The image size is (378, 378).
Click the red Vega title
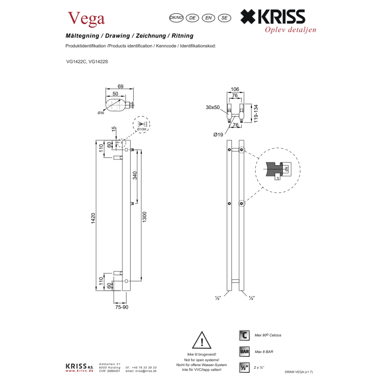[86, 18]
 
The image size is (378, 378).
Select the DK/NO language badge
[176, 17]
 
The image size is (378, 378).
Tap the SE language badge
[224, 17]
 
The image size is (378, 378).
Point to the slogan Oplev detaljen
[291, 29]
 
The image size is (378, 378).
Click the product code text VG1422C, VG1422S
[87, 62]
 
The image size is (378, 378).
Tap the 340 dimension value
[134, 175]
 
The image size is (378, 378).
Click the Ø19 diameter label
[218, 135]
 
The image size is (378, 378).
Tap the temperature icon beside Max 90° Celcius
[244, 335]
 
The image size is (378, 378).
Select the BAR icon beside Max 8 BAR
[244, 352]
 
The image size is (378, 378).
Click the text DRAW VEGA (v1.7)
[298, 371]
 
